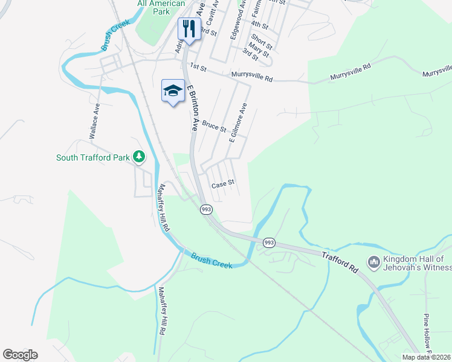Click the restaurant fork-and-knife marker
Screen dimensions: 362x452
189,28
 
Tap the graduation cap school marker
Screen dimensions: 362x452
173,91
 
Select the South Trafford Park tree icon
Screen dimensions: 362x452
140,157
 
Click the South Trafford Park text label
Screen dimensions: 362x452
92,157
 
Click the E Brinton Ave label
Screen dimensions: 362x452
192,109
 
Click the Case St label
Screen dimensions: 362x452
222,182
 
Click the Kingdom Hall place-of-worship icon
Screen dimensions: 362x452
373,262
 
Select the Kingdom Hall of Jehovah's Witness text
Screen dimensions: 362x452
418,262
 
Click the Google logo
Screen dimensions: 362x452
20,355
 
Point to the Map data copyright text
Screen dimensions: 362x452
427,357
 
